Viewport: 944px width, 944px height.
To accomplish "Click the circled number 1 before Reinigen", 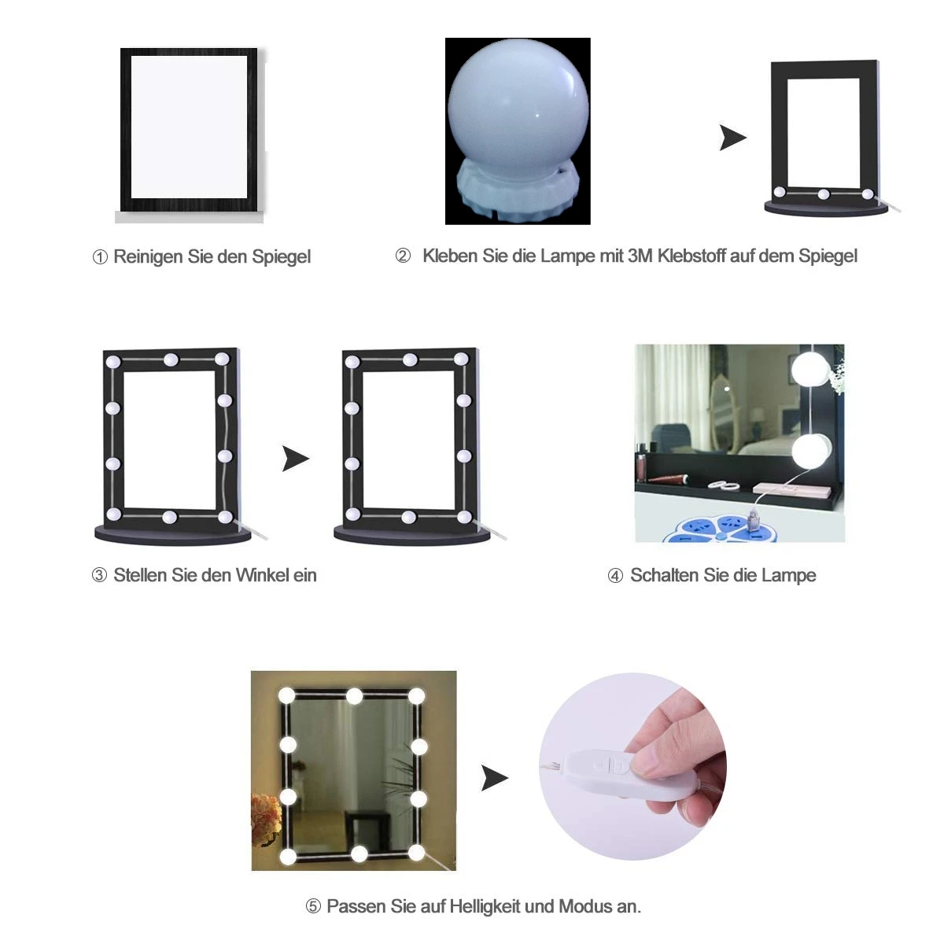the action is [x=100, y=257].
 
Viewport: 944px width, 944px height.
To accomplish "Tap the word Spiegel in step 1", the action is [x=281, y=257].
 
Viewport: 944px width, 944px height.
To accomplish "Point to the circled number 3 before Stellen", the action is [x=99, y=575].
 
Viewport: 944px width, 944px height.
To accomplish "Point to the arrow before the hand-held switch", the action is [x=495, y=777].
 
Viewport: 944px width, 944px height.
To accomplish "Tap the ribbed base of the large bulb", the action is [x=518, y=194].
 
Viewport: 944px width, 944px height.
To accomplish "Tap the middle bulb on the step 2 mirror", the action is [x=824, y=194].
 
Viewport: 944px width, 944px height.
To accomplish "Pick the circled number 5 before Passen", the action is [x=313, y=907].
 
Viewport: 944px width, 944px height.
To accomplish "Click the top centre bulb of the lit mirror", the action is [x=354, y=696].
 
